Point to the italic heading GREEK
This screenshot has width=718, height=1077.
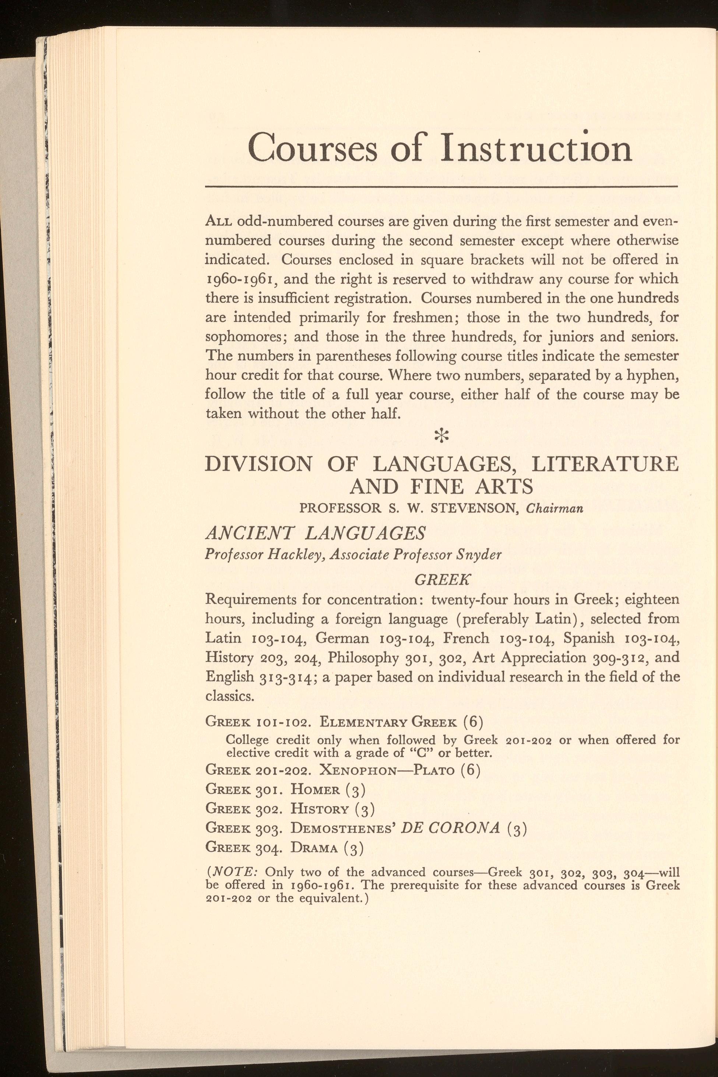pyautogui.click(x=442, y=580)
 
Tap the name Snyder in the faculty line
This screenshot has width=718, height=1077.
pyautogui.click(x=479, y=555)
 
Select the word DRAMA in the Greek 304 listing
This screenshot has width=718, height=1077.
pyautogui.click(x=314, y=848)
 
